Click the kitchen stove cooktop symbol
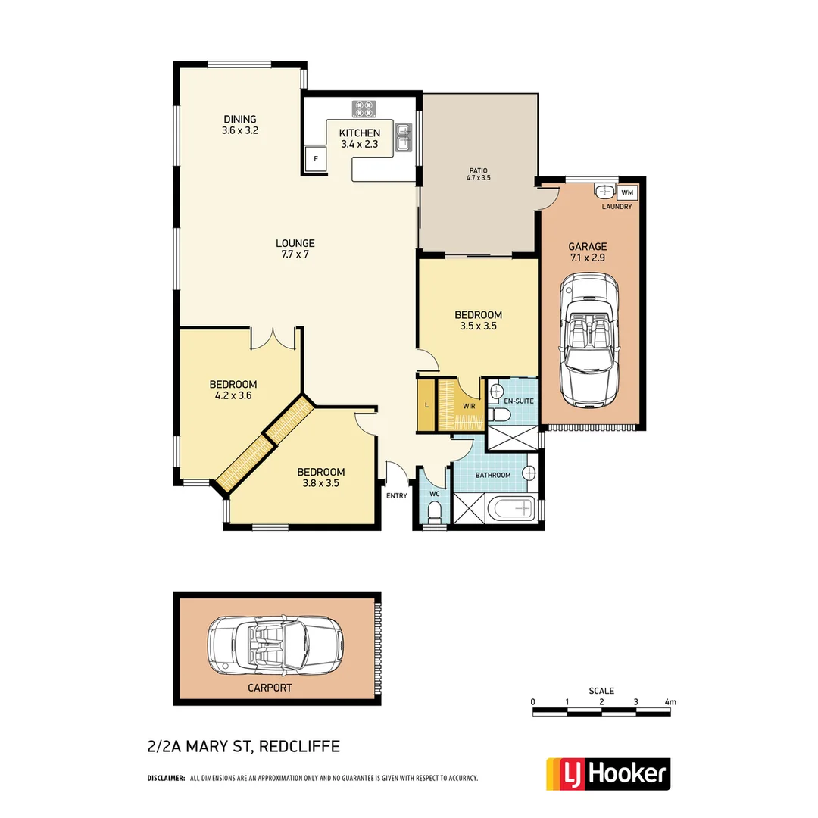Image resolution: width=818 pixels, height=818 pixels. pyautogui.click(x=364, y=109)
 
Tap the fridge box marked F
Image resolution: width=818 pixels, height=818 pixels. pyautogui.click(x=314, y=158)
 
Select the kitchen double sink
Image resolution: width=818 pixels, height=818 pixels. pyautogui.click(x=404, y=139)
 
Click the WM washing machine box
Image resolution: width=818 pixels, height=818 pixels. pyautogui.click(x=628, y=193)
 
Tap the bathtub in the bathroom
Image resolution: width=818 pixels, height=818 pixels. pyautogui.click(x=512, y=510)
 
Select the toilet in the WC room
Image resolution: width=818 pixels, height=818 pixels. pyautogui.click(x=434, y=515)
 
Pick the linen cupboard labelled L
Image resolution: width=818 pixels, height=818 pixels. pyautogui.click(x=427, y=405)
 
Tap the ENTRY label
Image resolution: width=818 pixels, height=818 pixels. pyautogui.click(x=396, y=496)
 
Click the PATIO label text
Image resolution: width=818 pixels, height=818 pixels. pyautogui.click(x=478, y=170)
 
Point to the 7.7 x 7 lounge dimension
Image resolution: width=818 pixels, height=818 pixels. pyautogui.click(x=295, y=254)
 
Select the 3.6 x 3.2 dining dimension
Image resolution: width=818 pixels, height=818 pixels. pyautogui.click(x=240, y=130)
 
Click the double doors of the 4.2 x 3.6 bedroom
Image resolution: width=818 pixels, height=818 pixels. pyautogui.click(x=272, y=339)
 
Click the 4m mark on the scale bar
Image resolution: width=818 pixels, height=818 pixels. pyautogui.click(x=670, y=702)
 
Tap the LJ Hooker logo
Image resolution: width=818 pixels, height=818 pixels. pyautogui.click(x=608, y=773)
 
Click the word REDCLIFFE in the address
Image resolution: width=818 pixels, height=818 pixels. pyautogui.click(x=299, y=747)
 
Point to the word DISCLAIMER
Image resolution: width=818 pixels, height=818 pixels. pyautogui.click(x=166, y=778)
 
